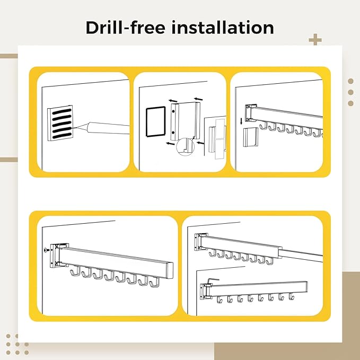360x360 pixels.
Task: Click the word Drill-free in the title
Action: pyautogui.click(x=125, y=28)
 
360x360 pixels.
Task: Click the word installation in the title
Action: pyautogui.click(x=223, y=28)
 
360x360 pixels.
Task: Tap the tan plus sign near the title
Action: pyautogui.click(x=315, y=40)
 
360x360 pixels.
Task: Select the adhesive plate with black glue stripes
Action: pyautogui.click(x=60, y=123)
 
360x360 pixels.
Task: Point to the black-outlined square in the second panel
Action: pyautogui.click(x=156, y=121)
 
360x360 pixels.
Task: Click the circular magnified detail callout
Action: pyautogui.click(x=185, y=147)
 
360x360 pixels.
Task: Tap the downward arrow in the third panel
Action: pyautogui.click(x=241, y=121)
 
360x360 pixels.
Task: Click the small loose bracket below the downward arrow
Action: pyautogui.click(x=251, y=137)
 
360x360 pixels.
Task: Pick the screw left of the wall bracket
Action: pyautogui.click(x=46, y=250)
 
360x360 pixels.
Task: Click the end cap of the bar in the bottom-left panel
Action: pyautogui.click(x=170, y=270)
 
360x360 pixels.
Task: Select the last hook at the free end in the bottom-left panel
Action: pyautogui.click(x=154, y=282)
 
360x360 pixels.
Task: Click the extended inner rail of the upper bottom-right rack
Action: pyautogui.click(x=301, y=254)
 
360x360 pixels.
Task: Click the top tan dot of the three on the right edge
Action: pyautogui.click(x=350, y=81)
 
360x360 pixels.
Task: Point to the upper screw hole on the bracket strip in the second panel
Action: pyautogui.click(x=173, y=111)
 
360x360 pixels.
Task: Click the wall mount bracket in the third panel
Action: pyautogui.click(x=249, y=113)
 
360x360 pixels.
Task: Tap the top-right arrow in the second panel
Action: pyautogui.click(x=198, y=99)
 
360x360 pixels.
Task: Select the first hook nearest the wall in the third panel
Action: pyautogui.click(x=263, y=126)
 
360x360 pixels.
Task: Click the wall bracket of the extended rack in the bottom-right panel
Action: pyautogui.click(x=199, y=242)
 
